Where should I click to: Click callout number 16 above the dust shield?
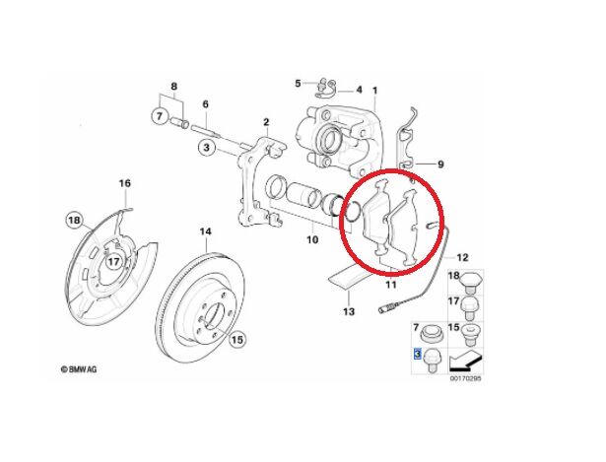(x=124, y=184)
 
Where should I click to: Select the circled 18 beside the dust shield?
(x=73, y=219)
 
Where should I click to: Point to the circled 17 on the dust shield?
(x=114, y=262)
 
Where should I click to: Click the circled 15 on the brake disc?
(x=236, y=341)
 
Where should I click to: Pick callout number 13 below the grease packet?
(x=347, y=312)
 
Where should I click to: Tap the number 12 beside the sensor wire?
(x=463, y=256)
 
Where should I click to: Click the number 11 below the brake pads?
(x=390, y=285)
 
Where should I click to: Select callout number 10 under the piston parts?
(x=311, y=239)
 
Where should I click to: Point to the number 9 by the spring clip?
(x=441, y=165)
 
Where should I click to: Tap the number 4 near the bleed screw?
(x=359, y=90)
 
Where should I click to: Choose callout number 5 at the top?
(x=297, y=83)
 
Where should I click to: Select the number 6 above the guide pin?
(x=206, y=103)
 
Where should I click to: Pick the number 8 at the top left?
(x=174, y=88)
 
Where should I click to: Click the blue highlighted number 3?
(x=418, y=352)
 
